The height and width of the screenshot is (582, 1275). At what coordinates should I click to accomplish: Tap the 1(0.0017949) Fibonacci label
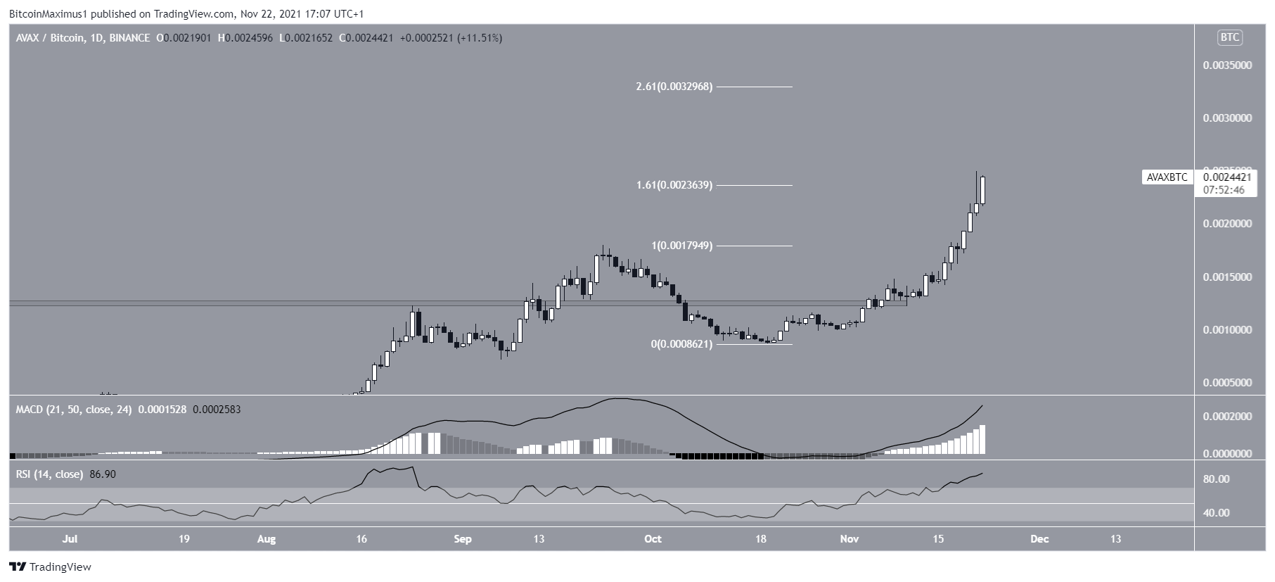click(682, 246)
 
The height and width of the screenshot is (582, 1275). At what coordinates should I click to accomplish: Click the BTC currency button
click(1229, 38)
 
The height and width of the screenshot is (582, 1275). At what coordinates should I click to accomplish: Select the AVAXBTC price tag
click(1167, 177)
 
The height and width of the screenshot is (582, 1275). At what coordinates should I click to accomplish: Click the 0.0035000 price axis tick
click(1226, 65)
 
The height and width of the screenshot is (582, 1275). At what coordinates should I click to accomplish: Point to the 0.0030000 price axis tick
click(1226, 118)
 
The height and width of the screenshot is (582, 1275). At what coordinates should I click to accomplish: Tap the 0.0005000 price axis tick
click(1226, 383)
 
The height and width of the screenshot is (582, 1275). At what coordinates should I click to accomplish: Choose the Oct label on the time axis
click(653, 539)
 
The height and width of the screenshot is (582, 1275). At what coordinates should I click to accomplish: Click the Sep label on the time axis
click(462, 539)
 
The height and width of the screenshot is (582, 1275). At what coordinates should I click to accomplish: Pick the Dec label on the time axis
click(1039, 539)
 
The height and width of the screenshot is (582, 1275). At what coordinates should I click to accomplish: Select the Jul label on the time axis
click(70, 539)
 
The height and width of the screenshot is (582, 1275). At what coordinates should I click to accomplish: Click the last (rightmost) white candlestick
click(982, 190)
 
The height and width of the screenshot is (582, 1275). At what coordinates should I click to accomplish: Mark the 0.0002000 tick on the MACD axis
click(1226, 417)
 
